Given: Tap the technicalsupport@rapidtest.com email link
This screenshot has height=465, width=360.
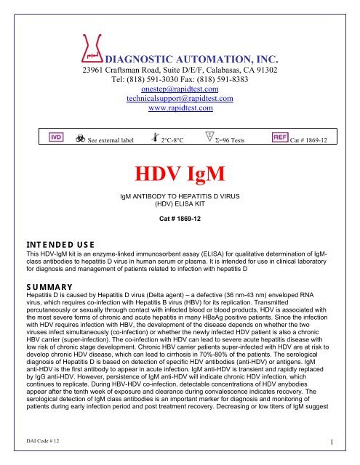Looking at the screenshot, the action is point(179,99).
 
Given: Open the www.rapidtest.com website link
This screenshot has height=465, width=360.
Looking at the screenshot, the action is point(179,109).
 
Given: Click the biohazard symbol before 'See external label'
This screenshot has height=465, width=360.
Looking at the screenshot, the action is point(79,138).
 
